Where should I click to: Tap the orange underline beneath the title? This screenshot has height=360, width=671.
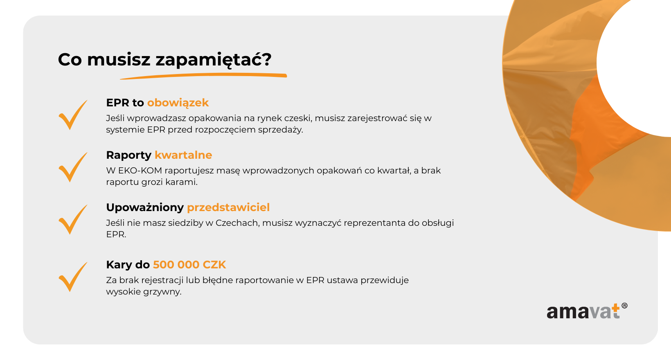(204, 76)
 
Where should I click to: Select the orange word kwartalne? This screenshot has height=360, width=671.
(183, 155)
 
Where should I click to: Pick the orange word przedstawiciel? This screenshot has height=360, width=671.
(228, 208)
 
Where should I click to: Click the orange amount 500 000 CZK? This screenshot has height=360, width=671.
(189, 265)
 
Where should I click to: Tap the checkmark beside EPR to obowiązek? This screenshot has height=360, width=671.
(73, 115)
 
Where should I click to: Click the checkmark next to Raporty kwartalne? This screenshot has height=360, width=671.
(73, 167)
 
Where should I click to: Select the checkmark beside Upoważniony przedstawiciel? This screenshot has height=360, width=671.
(73, 220)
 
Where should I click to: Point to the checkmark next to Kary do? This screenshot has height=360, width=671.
(73, 277)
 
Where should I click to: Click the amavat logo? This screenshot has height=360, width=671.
(587, 311)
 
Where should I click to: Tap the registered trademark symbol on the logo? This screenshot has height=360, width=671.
(624, 306)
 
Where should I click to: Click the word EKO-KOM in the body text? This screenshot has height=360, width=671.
(140, 171)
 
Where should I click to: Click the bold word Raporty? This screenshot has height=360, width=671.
(129, 155)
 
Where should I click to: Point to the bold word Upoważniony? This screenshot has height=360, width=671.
(145, 208)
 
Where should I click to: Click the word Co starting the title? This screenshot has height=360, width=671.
(70, 60)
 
